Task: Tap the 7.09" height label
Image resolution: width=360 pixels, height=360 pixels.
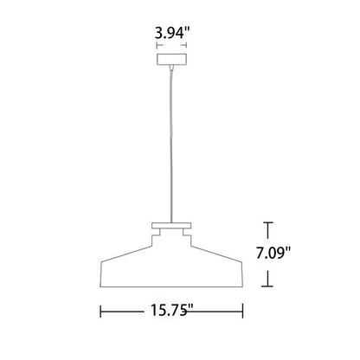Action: click(x=273, y=253)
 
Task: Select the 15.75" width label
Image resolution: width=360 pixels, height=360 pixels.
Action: click(x=172, y=311)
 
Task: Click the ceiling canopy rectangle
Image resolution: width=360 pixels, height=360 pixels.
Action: click(x=171, y=59)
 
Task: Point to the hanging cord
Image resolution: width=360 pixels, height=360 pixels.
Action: click(x=171, y=145)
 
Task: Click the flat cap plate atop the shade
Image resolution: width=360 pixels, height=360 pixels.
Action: click(x=171, y=225)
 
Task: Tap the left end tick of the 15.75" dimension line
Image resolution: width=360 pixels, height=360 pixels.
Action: click(x=100, y=311)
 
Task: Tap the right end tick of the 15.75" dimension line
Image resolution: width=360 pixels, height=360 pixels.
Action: click(x=242, y=311)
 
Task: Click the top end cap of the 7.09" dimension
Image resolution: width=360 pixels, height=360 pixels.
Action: click(x=267, y=222)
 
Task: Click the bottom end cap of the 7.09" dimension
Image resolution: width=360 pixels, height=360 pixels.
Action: click(x=267, y=286)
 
